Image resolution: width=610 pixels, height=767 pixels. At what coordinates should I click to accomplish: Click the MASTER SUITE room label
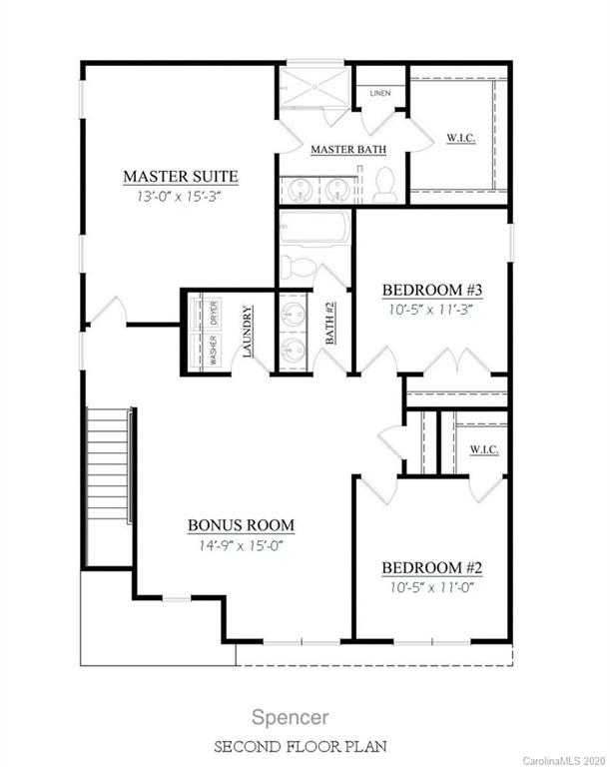(x=180, y=177)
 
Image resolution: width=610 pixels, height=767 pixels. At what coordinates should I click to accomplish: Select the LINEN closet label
(x=379, y=94)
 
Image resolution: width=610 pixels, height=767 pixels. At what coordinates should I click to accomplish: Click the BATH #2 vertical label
(x=329, y=326)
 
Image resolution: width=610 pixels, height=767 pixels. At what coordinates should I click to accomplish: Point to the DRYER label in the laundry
(x=213, y=312)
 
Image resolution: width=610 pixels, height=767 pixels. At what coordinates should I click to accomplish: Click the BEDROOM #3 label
(x=432, y=291)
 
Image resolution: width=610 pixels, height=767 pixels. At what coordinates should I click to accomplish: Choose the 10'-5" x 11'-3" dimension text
(x=432, y=310)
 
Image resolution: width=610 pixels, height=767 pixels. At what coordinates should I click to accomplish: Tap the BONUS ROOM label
(x=242, y=525)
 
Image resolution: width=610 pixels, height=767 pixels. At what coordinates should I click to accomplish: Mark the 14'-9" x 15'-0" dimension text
(x=242, y=545)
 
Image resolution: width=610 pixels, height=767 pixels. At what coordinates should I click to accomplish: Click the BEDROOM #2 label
(x=432, y=568)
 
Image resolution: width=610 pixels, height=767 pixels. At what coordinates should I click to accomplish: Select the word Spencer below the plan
(x=305, y=716)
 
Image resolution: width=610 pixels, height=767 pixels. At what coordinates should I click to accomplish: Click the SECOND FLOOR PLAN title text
(x=305, y=746)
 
